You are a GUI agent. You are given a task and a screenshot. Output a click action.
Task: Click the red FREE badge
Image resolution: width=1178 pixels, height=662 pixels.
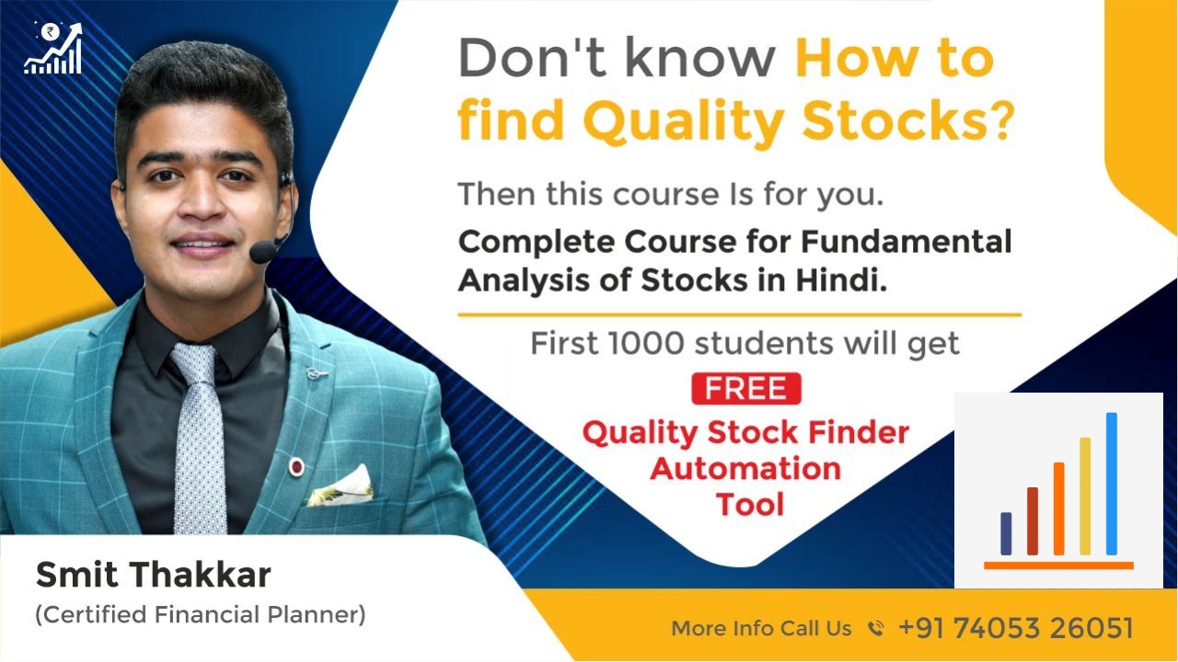coord(745,389)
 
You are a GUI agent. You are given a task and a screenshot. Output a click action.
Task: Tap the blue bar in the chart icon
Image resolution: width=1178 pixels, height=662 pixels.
coord(1111,484)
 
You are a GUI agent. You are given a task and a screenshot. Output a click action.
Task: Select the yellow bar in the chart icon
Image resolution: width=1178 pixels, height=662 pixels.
coord(1085,496)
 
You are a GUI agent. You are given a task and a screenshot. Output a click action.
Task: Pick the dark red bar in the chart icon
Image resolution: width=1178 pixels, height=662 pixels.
coord(1033,520)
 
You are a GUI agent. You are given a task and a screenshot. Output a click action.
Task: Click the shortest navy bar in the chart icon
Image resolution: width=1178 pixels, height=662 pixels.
coord(1006,533)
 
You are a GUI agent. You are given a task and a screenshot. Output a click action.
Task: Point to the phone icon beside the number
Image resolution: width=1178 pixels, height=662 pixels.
coord(875,628)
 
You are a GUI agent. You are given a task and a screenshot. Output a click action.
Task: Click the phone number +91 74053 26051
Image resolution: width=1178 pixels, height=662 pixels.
coord(1016,628)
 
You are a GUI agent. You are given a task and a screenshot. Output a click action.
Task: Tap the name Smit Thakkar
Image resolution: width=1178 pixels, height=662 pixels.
coord(154,574)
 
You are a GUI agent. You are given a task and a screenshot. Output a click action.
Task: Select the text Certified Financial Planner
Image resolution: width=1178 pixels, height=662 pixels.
coord(201,614)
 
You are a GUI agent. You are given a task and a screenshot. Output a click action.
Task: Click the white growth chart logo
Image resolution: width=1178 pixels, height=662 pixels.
coord(53,47)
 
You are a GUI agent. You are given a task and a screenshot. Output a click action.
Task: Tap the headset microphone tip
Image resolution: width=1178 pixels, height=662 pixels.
coord(262,252)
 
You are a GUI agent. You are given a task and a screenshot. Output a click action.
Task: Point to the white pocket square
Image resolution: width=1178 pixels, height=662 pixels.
coord(341,486)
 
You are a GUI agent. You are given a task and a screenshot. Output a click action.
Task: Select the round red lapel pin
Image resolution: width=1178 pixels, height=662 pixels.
coord(296,466)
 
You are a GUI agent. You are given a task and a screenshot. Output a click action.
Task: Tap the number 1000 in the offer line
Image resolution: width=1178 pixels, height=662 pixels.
coord(646,344)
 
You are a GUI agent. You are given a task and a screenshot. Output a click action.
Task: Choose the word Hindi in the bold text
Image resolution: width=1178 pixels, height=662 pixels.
coord(841,280)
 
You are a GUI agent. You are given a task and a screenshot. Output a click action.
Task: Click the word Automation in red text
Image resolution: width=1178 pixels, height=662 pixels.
coord(745,468)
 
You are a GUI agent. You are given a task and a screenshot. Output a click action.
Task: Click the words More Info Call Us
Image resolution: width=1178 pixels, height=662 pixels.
coord(761,628)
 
